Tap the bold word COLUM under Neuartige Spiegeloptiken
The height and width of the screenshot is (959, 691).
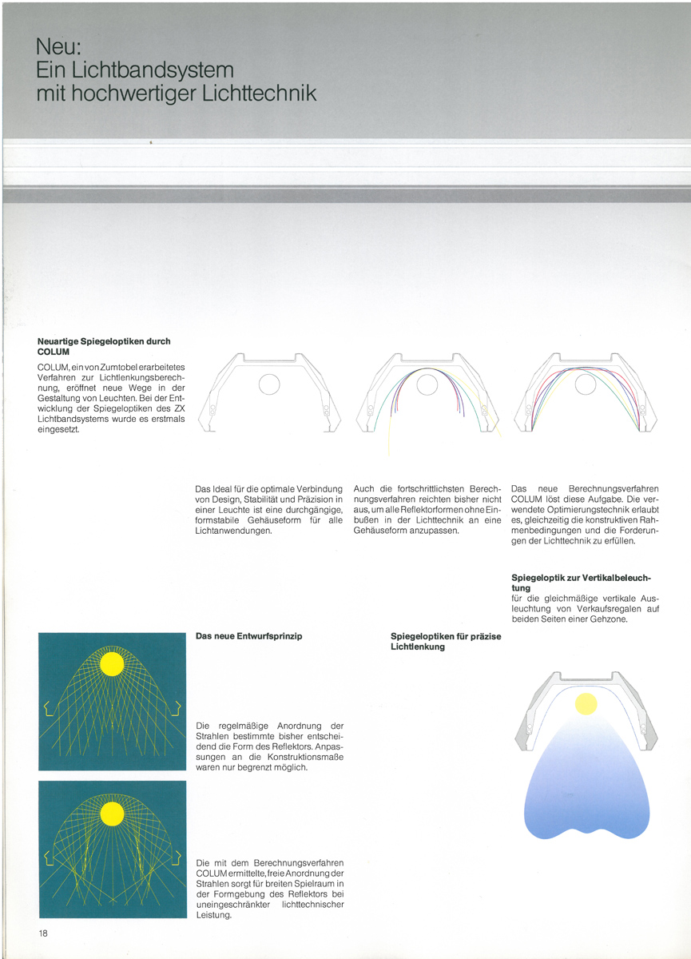click(x=54, y=352)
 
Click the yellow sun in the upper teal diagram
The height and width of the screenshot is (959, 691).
click(x=112, y=663)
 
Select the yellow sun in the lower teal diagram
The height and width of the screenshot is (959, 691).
click(x=112, y=814)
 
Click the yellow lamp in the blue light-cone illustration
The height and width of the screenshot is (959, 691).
click(x=586, y=703)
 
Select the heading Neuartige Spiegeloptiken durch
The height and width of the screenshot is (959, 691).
click(x=104, y=341)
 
